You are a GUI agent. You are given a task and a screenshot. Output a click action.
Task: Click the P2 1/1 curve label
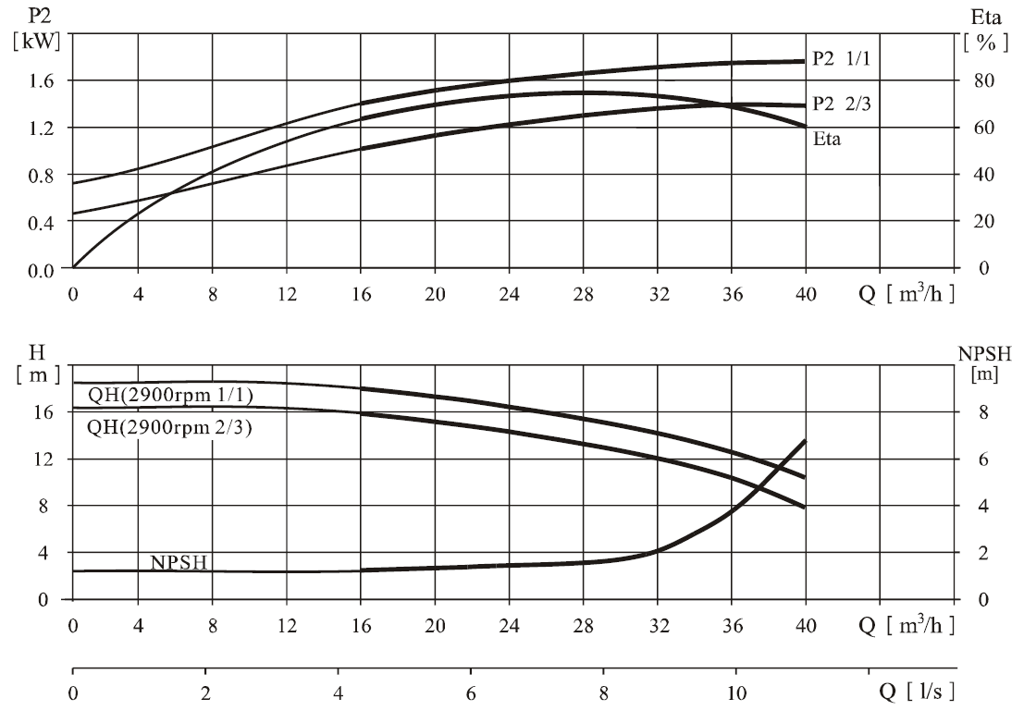(x=841, y=59)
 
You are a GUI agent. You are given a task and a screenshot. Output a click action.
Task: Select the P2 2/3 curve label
(x=841, y=104)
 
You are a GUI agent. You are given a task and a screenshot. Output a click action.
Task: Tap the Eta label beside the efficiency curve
(x=827, y=139)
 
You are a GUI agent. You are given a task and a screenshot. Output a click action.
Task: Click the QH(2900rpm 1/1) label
(x=170, y=395)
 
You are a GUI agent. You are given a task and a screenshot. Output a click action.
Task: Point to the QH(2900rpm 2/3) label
(x=169, y=427)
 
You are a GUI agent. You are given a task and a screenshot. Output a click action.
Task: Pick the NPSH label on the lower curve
(x=179, y=562)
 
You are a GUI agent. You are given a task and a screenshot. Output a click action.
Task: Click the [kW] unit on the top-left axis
(x=37, y=41)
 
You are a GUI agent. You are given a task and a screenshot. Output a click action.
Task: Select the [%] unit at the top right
(x=986, y=43)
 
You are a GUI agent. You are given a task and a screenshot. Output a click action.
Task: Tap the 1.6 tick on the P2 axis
(x=41, y=81)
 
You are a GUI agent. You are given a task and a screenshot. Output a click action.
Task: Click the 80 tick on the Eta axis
(x=983, y=81)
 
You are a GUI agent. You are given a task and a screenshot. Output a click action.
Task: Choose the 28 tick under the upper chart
(x=583, y=295)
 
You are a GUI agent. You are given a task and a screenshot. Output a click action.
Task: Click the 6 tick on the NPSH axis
(x=983, y=460)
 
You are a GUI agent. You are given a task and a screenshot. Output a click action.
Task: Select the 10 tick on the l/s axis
(x=736, y=693)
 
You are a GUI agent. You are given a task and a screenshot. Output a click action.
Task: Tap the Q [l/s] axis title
(x=916, y=691)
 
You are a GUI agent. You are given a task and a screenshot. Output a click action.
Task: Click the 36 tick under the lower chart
(x=732, y=627)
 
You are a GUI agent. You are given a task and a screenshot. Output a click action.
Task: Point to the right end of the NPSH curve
(x=806, y=441)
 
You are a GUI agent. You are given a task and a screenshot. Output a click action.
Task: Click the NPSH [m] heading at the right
(x=984, y=364)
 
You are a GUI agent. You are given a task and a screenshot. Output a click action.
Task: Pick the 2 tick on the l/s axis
(x=205, y=693)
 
